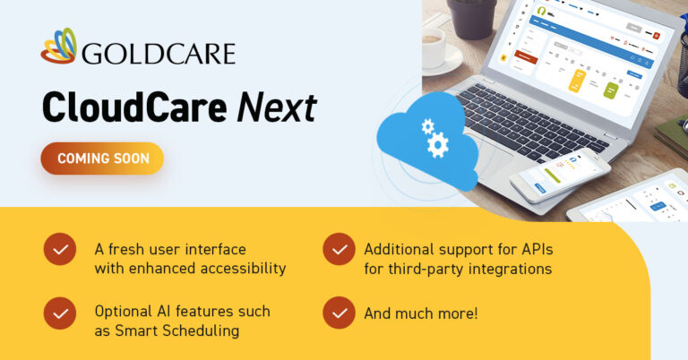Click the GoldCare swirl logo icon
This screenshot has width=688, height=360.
click(x=58, y=46)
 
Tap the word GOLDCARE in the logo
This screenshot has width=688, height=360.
click(x=158, y=53)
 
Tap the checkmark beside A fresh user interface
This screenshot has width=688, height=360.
click(x=59, y=249)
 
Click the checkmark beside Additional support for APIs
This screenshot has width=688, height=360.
click(x=339, y=249)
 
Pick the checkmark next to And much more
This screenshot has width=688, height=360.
click(x=339, y=313)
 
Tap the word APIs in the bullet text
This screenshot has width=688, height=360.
click(x=540, y=248)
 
